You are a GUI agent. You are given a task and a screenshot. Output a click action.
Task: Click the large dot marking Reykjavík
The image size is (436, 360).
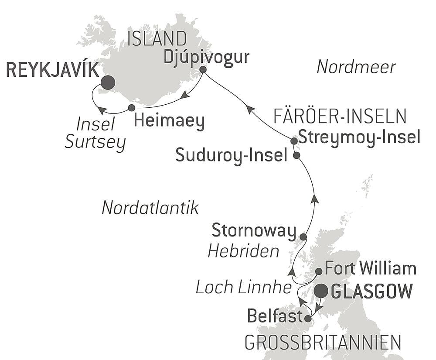[107, 82]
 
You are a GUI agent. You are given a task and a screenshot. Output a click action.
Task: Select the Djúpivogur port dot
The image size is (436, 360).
[203, 69]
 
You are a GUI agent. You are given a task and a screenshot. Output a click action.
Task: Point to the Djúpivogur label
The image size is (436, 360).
[207, 57]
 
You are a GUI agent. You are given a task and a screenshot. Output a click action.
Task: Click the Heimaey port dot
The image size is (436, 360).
[132, 107]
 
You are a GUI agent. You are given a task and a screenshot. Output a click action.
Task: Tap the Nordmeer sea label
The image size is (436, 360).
[356, 67]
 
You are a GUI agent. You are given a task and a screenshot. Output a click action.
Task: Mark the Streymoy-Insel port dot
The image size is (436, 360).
[294, 141]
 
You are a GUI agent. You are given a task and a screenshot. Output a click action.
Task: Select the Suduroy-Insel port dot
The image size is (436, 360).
[296, 155]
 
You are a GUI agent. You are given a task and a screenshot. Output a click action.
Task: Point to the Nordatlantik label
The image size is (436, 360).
[150, 208]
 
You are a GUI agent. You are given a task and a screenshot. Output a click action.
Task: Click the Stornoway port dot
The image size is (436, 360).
[303, 237]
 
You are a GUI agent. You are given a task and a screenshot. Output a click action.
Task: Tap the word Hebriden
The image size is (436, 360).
[243, 251]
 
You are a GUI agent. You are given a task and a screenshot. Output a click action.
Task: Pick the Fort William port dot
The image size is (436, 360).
[319, 271]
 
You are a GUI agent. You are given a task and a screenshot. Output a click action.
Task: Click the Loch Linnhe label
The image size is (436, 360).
[243, 287]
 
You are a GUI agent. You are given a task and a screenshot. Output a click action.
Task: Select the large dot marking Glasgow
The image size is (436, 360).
[322, 290]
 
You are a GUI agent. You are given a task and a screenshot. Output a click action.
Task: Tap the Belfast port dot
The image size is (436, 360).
[307, 319]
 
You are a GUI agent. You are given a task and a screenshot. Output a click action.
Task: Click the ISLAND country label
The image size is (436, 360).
[157, 39]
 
